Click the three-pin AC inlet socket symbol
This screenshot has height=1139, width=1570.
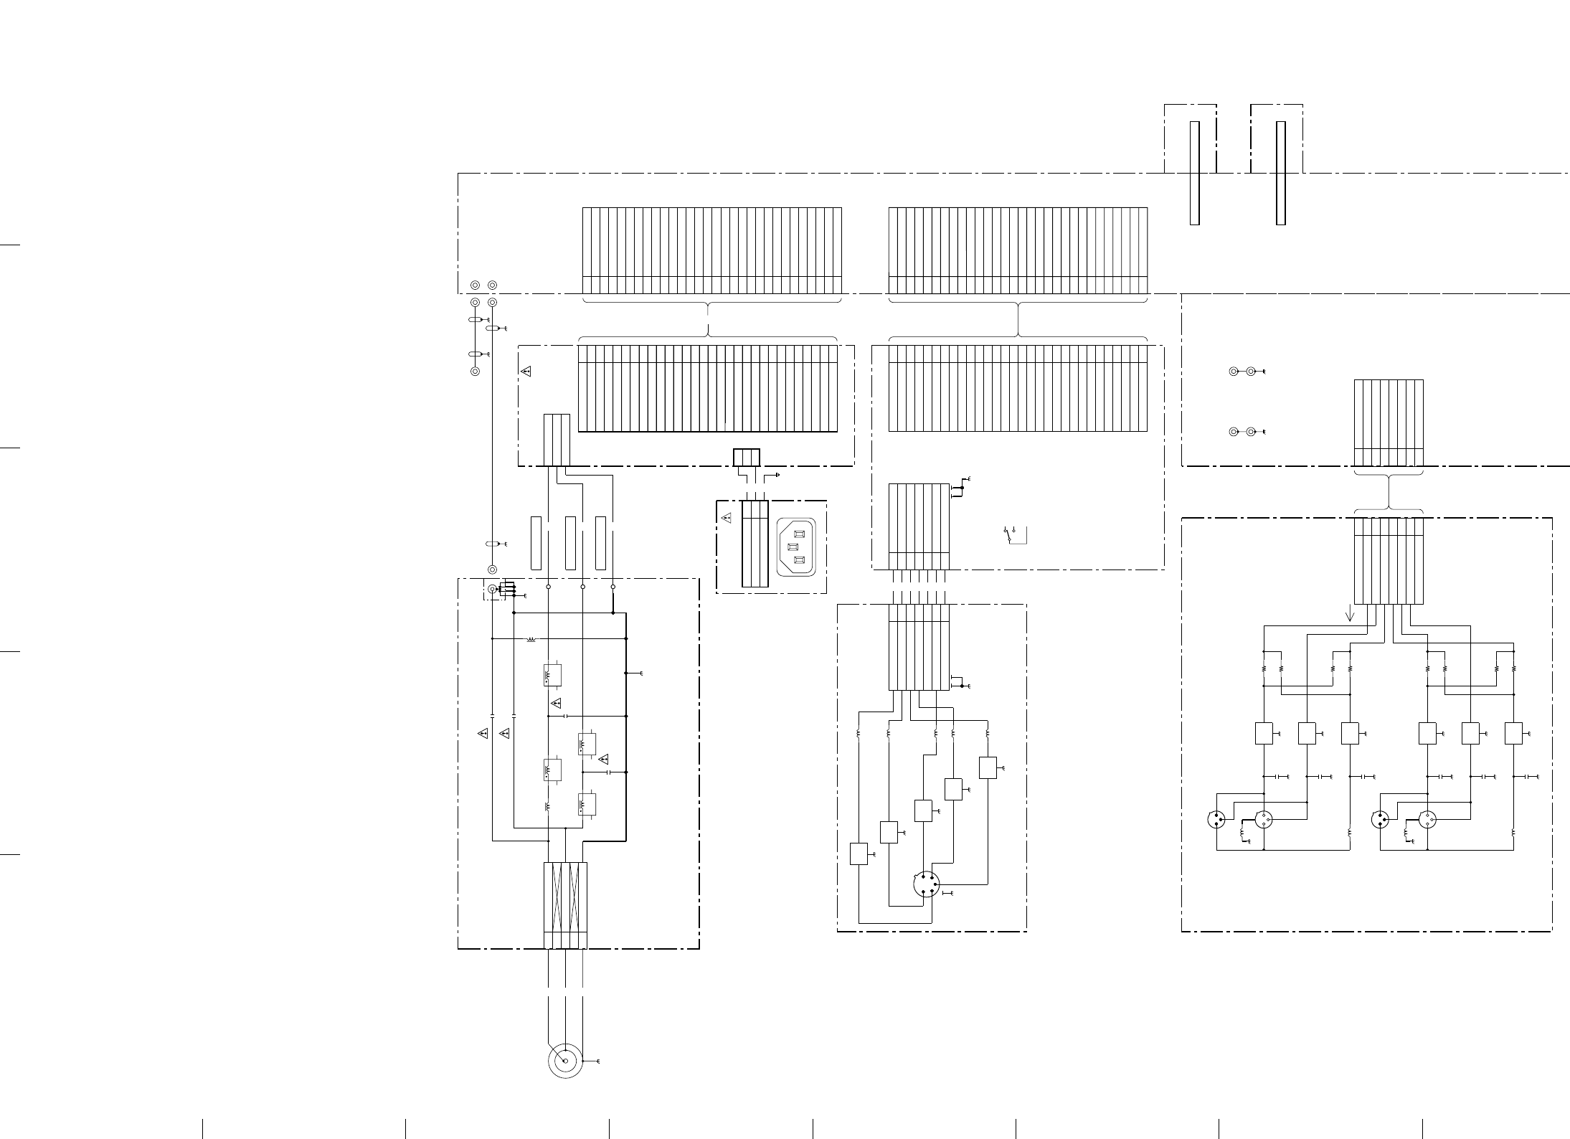(796, 547)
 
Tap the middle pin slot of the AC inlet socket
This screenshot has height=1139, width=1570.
(793, 547)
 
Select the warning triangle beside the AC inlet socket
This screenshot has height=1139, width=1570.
(726, 516)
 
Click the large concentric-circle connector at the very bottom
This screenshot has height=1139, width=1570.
(565, 1061)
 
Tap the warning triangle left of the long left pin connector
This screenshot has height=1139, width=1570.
(526, 372)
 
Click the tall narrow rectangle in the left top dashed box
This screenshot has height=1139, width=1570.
(1194, 173)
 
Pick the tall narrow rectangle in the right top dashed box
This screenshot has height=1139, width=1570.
(1280, 173)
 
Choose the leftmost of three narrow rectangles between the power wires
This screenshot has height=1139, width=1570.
(536, 543)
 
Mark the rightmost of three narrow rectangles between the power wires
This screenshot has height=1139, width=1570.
(600, 543)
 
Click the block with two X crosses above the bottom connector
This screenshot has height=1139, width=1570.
(565, 897)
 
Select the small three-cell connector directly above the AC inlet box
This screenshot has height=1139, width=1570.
(746, 457)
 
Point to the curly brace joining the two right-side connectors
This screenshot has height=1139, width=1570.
(1389, 491)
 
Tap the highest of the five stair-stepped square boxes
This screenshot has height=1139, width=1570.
(988, 767)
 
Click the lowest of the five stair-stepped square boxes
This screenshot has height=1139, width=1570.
(859, 854)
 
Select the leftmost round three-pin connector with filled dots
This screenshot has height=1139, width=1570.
(1217, 819)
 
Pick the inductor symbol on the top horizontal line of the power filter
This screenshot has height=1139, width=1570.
(531, 638)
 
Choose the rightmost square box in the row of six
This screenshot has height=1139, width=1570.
(1513, 734)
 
